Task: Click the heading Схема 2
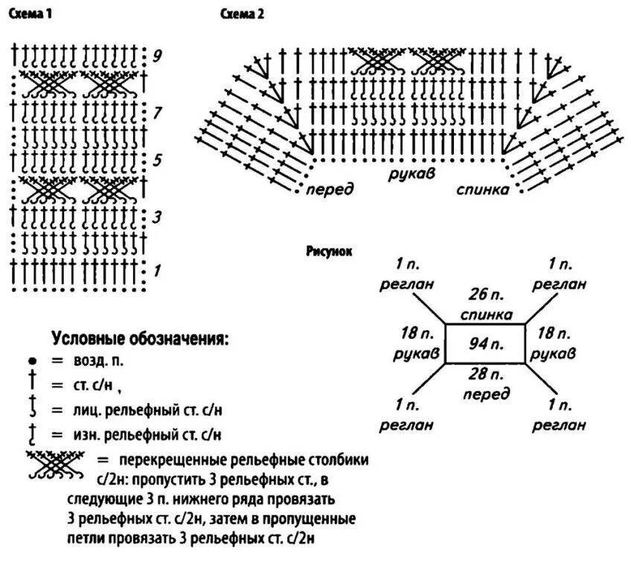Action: pyautogui.click(x=242, y=14)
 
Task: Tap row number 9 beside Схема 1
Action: pyautogui.click(x=157, y=57)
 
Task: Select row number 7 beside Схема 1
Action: pyautogui.click(x=157, y=114)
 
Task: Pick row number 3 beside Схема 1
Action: pyautogui.click(x=157, y=218)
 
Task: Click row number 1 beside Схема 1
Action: pyautogui.click(x=157, y=271)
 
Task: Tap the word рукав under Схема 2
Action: pyautogui.click(x=411, y=172)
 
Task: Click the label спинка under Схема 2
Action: pyautogui.click(x=483, y=190)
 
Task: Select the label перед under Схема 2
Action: pyautogui.click(x=330, y=190)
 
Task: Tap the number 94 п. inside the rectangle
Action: pyautogui.click(x=484, y=344)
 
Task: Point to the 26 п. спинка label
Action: pyautogui.click(x=484, y=304)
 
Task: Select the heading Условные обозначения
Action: pyautogui.click(x=140, y=339)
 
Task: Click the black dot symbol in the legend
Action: pyautogui.click(x=34, y=363)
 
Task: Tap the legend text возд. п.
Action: pyautogui.click(x=97, y=361)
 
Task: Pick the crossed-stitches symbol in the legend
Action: pyautogui.click(x=56, y=465)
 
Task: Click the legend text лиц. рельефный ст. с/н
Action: pyautogui.click(x=148, y=410)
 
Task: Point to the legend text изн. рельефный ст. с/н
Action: pyautogui.click(x=148, y=433)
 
